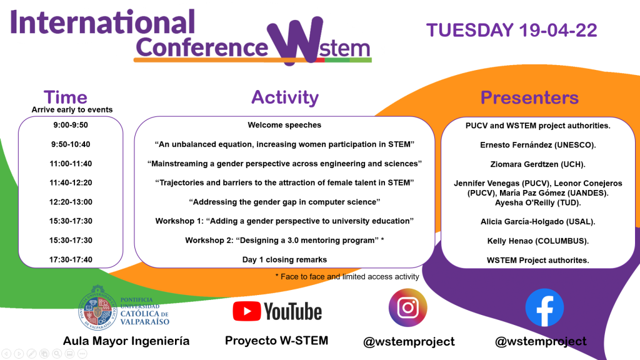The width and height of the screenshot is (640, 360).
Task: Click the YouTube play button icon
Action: point(246,311)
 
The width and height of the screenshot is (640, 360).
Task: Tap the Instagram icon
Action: point(407,307)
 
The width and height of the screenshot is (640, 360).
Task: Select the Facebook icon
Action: point(544,307)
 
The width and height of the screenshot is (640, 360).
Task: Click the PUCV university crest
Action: point(97,307)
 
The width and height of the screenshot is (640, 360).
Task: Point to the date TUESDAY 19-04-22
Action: point(511,30)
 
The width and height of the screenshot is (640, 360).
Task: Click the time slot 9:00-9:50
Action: point(71,125)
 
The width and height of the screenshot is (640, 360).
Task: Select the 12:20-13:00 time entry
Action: point(71,202)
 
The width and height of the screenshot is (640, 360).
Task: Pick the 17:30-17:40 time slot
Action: point(71,259)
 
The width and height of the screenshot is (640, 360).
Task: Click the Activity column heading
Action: point(285,97)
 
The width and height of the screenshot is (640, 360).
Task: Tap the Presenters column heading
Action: point(529,97)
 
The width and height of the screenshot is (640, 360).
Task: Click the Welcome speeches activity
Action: point(284,125)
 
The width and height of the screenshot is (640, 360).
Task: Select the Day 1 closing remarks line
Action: point(284,259)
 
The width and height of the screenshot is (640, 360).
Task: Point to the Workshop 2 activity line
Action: point(284,241)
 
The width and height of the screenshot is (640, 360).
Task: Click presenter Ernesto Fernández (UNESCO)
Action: point(538,145)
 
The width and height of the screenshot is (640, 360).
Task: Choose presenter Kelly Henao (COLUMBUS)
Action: point(538,241)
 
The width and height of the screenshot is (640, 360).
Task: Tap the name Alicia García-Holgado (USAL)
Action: point(538,222)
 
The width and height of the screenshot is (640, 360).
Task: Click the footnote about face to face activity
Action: point(347,277)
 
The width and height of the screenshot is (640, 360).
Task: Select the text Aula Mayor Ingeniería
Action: point(126,341)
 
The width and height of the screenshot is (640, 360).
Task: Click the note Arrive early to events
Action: point(72,109)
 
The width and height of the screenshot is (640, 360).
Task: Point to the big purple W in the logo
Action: point(295,40)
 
